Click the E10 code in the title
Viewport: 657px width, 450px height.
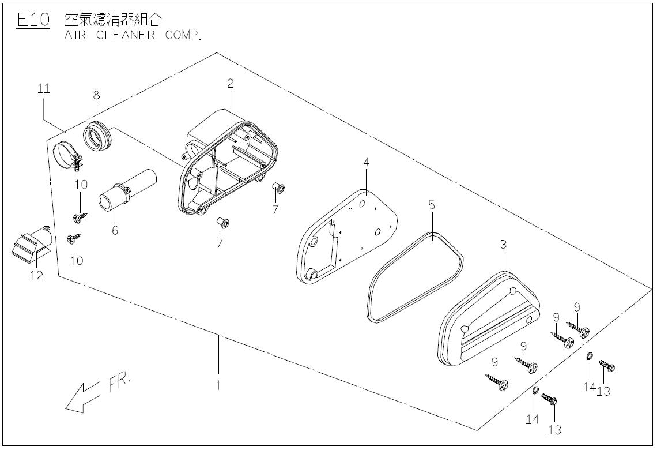click(33, 20)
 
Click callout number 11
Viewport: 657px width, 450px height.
click(44, 89)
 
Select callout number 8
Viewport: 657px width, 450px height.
click(96, 94)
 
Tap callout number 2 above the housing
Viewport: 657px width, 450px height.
click(230, 83)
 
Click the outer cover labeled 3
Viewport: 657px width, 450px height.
click(490, 320)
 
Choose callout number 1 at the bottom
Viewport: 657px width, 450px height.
click(218, 385)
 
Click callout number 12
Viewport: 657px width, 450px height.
click(36, 276)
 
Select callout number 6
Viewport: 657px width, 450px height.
click(115, 230)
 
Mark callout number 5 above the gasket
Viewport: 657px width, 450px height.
click(431, 204)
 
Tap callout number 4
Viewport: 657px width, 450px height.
click(366, 163)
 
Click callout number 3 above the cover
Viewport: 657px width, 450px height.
click(503, 245)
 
